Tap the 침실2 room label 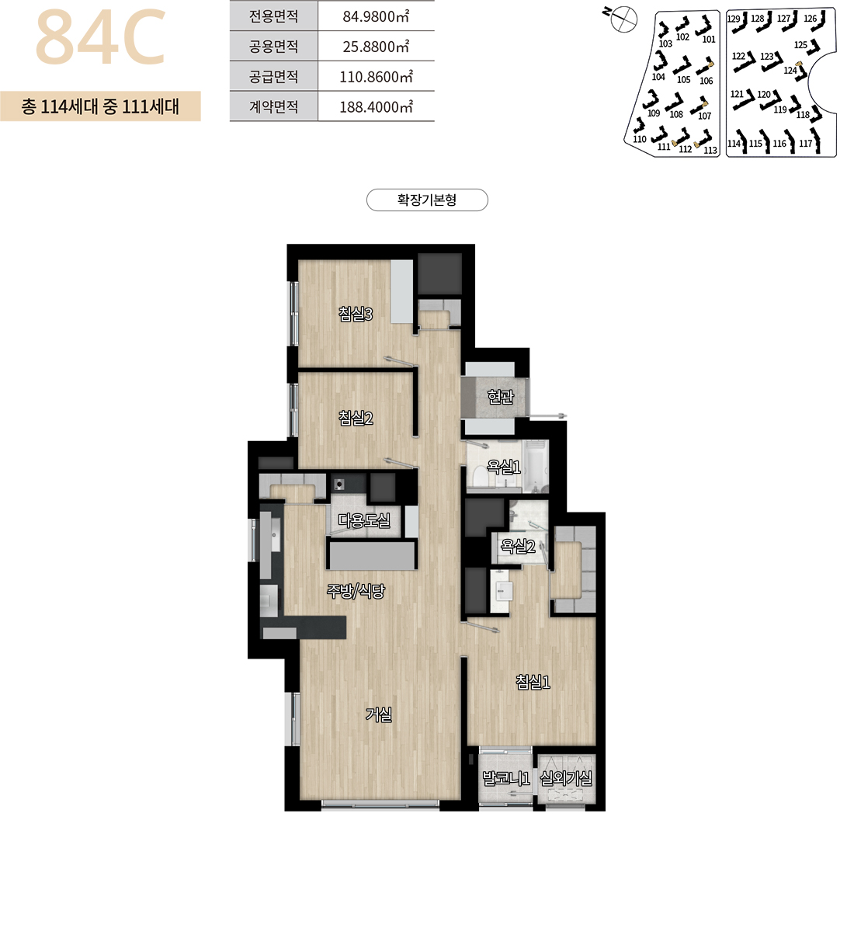coord(356,419)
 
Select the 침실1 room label coord(533,682)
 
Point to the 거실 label coord(379,714)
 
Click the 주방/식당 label coord(356,590)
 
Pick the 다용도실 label coord(364,521)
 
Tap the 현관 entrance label coord(501,396)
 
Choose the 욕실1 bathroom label coord(504,467)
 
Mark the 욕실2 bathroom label coord(518,546)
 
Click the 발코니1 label coord(506,777)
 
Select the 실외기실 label coord(567,777)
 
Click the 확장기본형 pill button coord(427,200)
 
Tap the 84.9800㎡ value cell coord(377,16)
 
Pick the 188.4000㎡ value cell coord(377,106)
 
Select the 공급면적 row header coord(273,76)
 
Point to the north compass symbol coord(623,18)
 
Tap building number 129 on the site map coord(733,19)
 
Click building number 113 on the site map coord(710,151)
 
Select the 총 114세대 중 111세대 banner coord(101,106)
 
